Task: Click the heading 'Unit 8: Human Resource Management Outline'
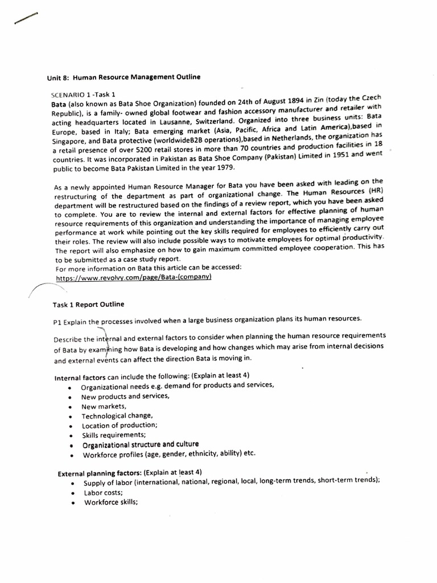coord(123,77)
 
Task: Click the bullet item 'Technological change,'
coord(112,416)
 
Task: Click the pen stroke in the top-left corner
coord(26,19)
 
